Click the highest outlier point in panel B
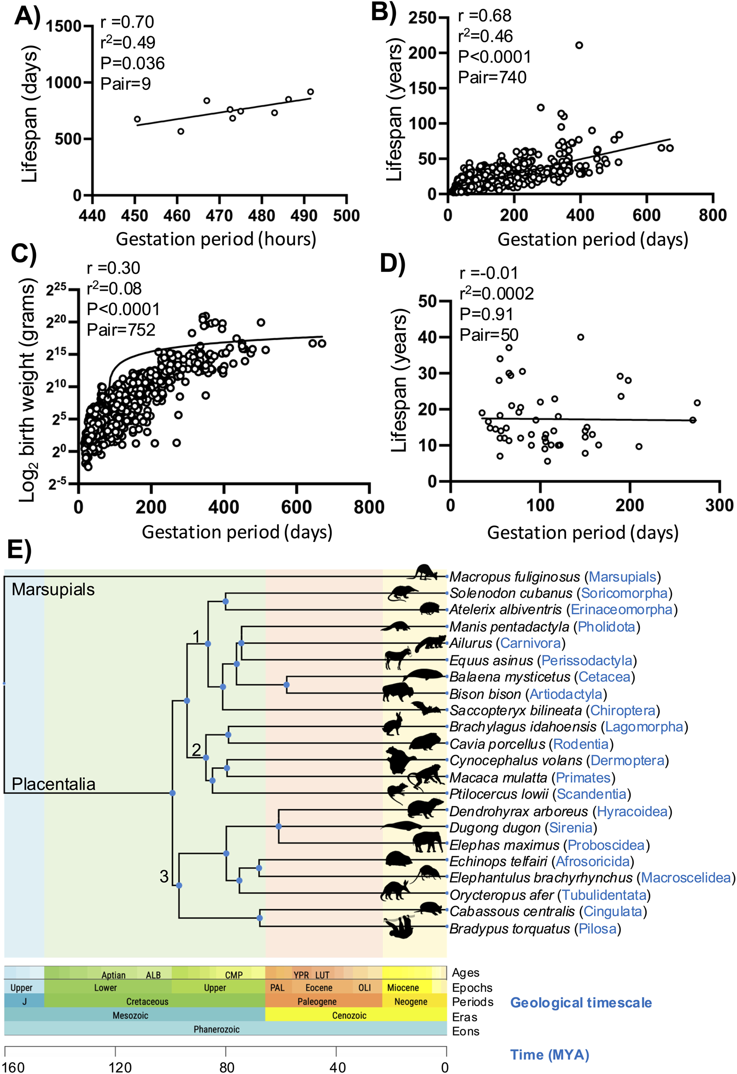pyautogui.click(x=578, y=45)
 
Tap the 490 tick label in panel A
pyautogui.click(x=304, y=215)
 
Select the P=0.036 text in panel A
pyautogui.click(x=133, y=63)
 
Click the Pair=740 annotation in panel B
pyautogui.click(x=492, y=77)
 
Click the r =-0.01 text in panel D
pyautogui.click(x=489, y=273)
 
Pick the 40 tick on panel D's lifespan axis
pyautogui.click(x=427, y=337)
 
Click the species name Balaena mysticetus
pyautogui.click(x=509, y=677)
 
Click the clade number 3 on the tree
pyautogui.click(x=164, y=877)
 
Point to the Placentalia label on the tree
pyautogui.click(x=53, y=784)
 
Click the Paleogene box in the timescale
pyautogui.click(x=316, y=1002)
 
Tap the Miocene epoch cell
pyautogui.click(x=403, y=988)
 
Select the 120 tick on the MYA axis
pyautogui.click(x=119, y=1067)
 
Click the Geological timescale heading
pyautogui.click(x=580, y=1002)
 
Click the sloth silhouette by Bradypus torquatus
pyautogui.click(x=400, y=926)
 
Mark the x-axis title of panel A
pyautogui.click(x=216, y=239)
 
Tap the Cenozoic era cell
pyautogui.click(x=348, y=1015)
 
